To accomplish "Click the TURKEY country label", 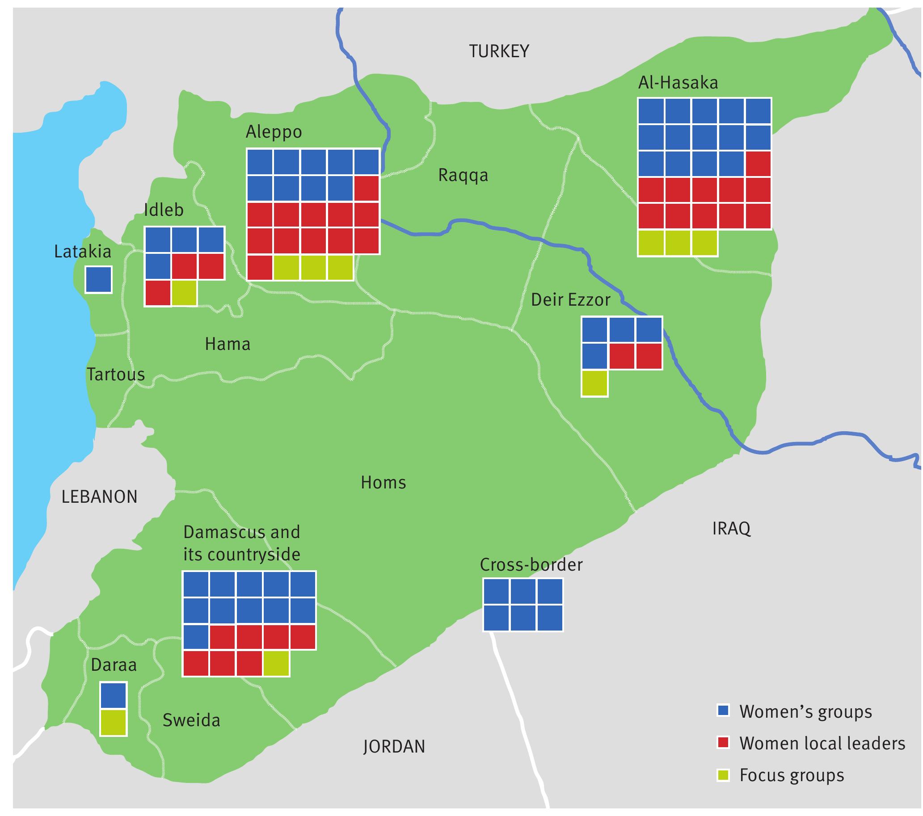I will pyautogui.click(x=498, y=51).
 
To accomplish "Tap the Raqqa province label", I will pyautogui.click(x=463, y=175).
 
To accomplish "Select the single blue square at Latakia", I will pyautogui.click(x=98, y=280).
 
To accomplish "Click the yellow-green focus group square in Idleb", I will pyautogui.click(x=184, y=293).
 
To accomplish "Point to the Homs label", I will pyautogui.click(x=384, y=483).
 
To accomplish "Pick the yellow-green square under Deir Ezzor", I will pyautogui.click(x=594, y=383).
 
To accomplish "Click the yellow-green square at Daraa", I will pyautogui.click(x=113, y=723).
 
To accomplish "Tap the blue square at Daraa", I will pyautogui.click(x=113, y=695).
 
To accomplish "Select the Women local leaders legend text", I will pyautogui.click(x=822, y=743).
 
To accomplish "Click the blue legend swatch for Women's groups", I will pyautogui.click(x=723, y=711).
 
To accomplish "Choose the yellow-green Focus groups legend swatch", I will pyautogui.click(x=723, y=775).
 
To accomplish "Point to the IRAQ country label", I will pyautogui.click(x=731, y=528).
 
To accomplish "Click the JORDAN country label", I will pyautogui.click(x=394, y=747).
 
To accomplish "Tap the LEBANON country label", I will pyautogui.click(x=99, y=497).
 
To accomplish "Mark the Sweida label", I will pyautogui.click(x=191, y=720).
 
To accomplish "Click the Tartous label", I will pyautogui.click(x=116, y=374).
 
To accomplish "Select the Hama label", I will pyautogui.click(x=227, y=344).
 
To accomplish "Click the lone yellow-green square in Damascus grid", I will pyautogui.click(x=276, y=663).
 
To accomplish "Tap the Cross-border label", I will pyautogui.click(x=531, y=565).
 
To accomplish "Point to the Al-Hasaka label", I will pyautogui.click(x=678, y=83).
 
